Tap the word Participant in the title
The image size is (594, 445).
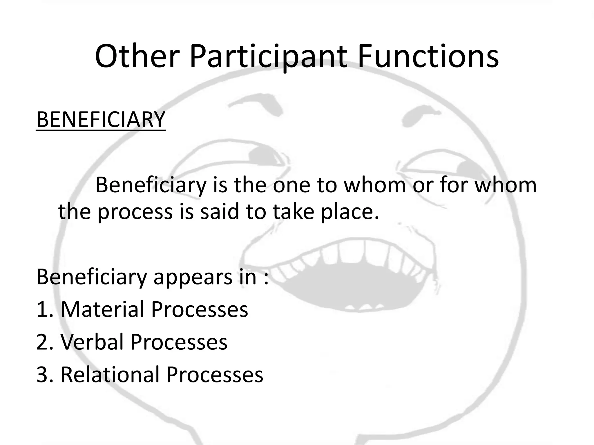[268, 57]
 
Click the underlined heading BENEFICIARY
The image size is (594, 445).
[101, 119]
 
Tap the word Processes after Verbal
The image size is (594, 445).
[179, 342]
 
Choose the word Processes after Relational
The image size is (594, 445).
[215, 375]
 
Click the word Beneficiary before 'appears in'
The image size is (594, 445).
[92, 278]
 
